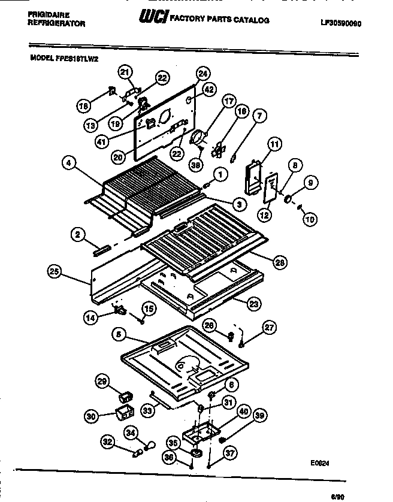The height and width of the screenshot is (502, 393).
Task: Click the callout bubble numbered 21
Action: click(x=125, y=72)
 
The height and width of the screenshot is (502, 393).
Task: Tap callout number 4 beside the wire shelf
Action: click(x=69, y=162)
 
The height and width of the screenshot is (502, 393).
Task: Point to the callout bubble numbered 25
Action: click(x=55, y=272)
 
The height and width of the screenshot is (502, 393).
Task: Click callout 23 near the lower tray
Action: click(x=253, y=304)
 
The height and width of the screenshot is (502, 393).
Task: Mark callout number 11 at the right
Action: click(x=274, y=144)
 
